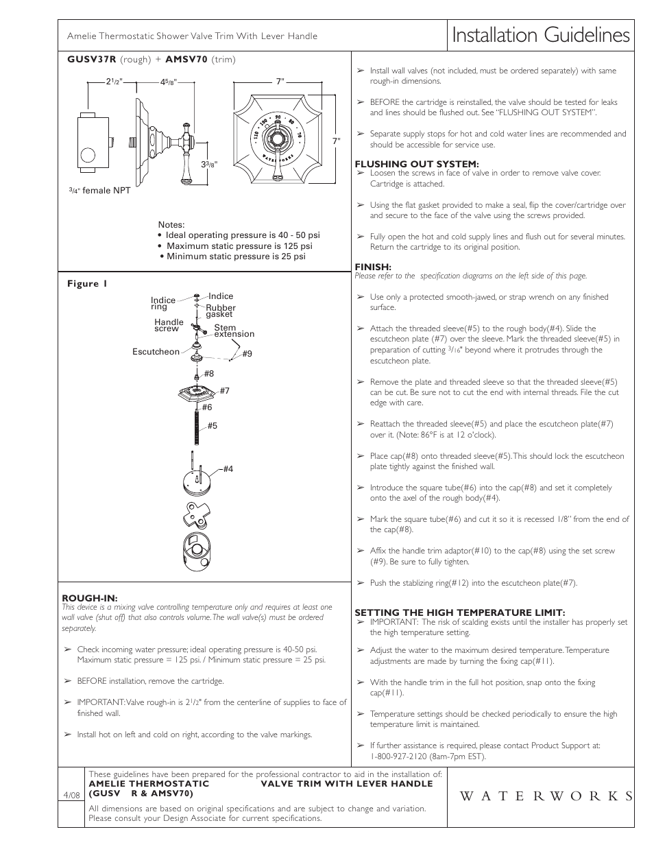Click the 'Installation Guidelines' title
coord(540,36)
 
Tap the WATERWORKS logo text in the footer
coord(537,796)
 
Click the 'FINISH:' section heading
coord(373,267)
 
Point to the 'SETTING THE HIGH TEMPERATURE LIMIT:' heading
coord(459,612)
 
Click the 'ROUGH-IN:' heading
coord(85,598)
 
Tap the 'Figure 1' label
coord(87,284)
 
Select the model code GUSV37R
coord(92,60)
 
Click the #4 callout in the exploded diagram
coord(228,469)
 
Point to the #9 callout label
coord(247,354)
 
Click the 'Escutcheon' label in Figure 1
coord(156,352)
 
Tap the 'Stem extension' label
coord(234,331)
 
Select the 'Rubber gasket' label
coord(220,311)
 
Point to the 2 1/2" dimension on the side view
coord(113,82)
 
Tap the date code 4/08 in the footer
coord(71,795)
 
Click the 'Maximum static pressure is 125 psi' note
coord(239,246)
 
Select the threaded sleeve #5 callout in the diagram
coord(212,426)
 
